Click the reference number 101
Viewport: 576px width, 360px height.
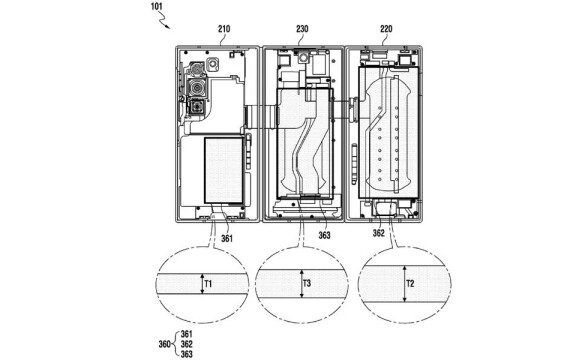[x=156, y=6]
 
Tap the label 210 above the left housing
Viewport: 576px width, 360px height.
[x=224, y=29]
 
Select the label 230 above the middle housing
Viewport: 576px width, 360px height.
[x=302, y=29]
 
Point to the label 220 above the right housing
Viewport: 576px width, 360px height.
[x=386, y=29]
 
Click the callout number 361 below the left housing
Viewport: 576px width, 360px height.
[x=227, y=238]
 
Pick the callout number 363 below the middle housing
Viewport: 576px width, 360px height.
[x=324, y=235]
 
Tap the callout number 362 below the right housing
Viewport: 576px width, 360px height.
[x=378, y=233]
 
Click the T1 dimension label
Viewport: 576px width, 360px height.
[x=208, y=284]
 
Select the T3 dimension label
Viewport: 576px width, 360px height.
[x=307, y=283]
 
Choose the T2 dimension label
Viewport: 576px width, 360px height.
[x=410, y=284]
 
